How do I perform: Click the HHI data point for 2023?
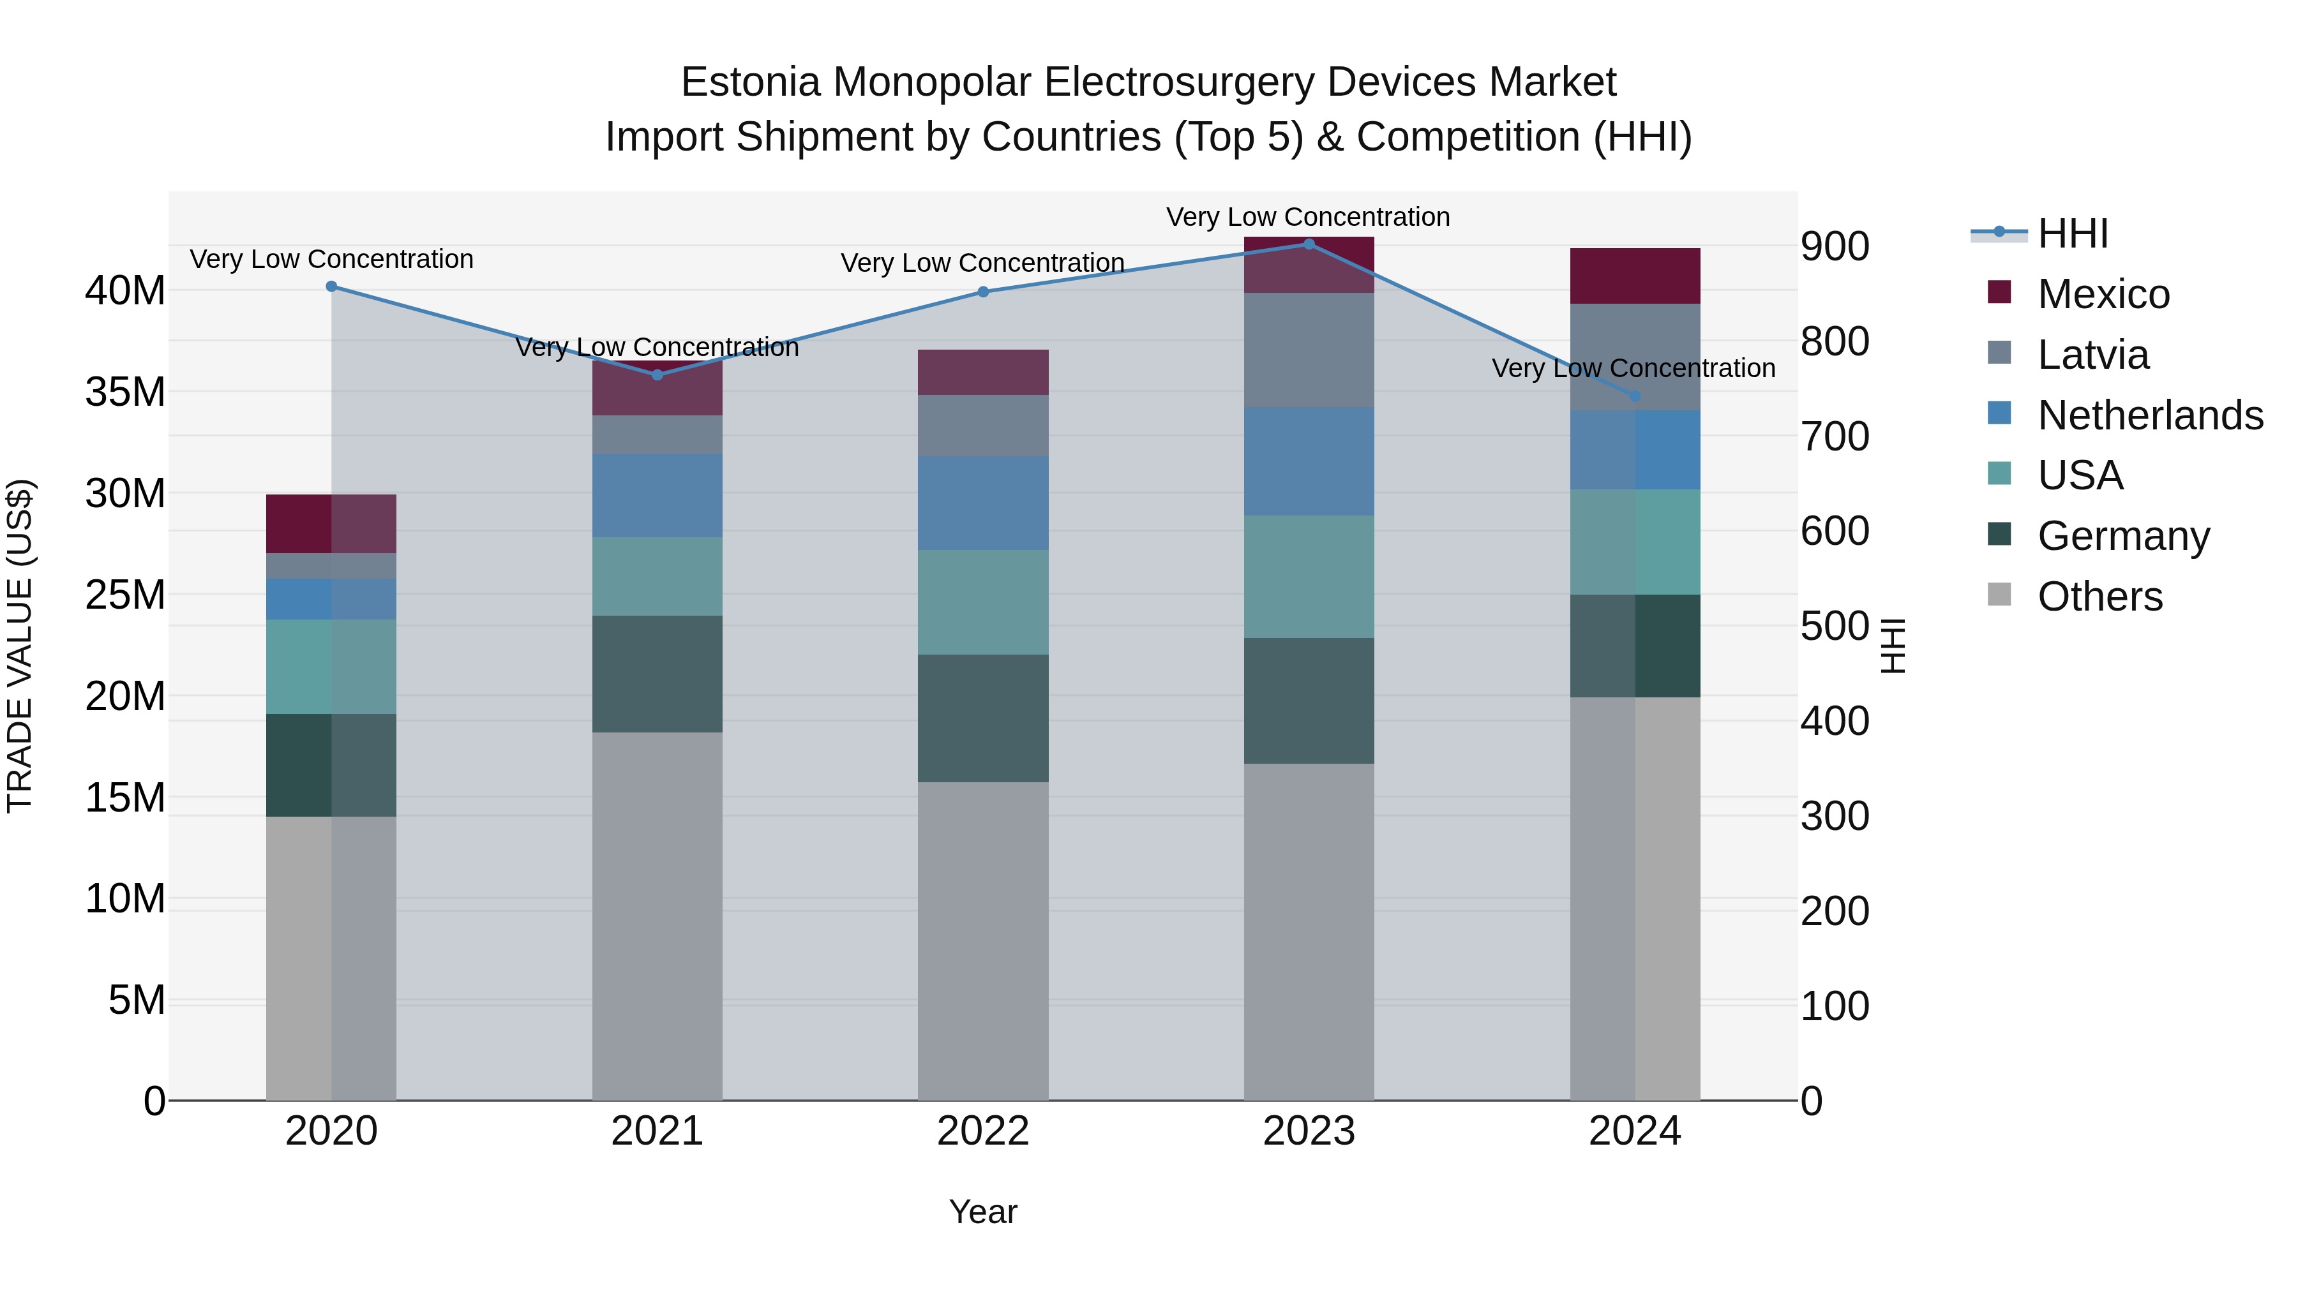(x=1309, y=244)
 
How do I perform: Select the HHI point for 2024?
(x=1634, y=396)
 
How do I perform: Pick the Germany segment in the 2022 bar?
(x=983, y=718)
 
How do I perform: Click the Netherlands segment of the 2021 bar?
(x=657, y=495)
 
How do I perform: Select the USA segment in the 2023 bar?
(x=1309, y=576)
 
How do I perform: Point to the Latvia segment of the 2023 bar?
(x=1309, y=350)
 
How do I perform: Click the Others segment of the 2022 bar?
(x=983, y=940)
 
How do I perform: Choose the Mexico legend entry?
(x=2103, y=294)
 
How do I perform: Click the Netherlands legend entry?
(x=2150, y=415)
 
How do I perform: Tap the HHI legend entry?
(x=2072, y=234)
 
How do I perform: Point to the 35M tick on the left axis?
(x=125, y=392)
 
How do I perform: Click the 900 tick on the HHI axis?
(x=1834, y=247)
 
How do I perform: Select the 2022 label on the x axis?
(x=983, y=1131)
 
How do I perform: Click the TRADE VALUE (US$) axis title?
(x=20, y=646)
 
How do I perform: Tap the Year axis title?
(x=983, y=1212)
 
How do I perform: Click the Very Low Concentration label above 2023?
(x=1308, y=217)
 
